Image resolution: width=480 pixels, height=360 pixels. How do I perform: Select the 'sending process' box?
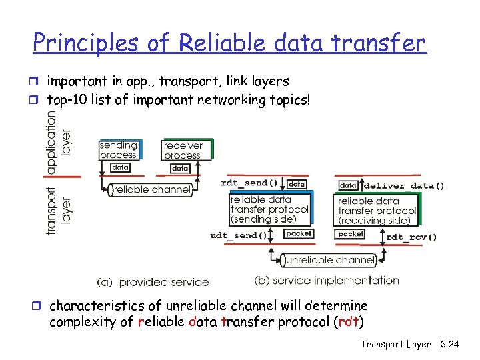[x=118, y=150]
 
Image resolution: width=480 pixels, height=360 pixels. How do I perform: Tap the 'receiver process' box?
[x=183, y=150]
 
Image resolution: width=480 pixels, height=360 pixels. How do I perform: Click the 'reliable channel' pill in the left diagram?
[x=151, y=190]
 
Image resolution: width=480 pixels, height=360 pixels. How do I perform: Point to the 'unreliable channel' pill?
[x=327, y=260]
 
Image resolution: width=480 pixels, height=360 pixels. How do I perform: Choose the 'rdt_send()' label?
[x=249, y=183]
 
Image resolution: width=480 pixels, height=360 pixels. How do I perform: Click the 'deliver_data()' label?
[x=405, y=185]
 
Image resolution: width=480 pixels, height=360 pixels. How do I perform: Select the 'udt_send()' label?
[x=239, y=235]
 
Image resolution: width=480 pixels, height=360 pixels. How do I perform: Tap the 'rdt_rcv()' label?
[x=411, y=237]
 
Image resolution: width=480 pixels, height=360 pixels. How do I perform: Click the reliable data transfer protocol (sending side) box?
[x=269, y=209]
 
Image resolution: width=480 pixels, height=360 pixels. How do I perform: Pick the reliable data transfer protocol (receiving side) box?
[x=377, y=211]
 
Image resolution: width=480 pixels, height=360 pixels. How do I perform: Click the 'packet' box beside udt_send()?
[x=298, y=234]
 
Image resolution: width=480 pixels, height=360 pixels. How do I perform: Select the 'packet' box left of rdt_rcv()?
[x=351, y=234]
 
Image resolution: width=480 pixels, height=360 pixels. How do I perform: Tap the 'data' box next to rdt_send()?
[x=297, y=183]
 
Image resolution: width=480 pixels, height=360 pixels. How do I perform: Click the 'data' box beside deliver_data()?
[x=349, y=185]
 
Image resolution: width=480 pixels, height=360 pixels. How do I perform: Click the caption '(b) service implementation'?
[x=327, y=281]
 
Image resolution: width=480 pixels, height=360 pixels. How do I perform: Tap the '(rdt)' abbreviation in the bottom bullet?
[x=352, y=323]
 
